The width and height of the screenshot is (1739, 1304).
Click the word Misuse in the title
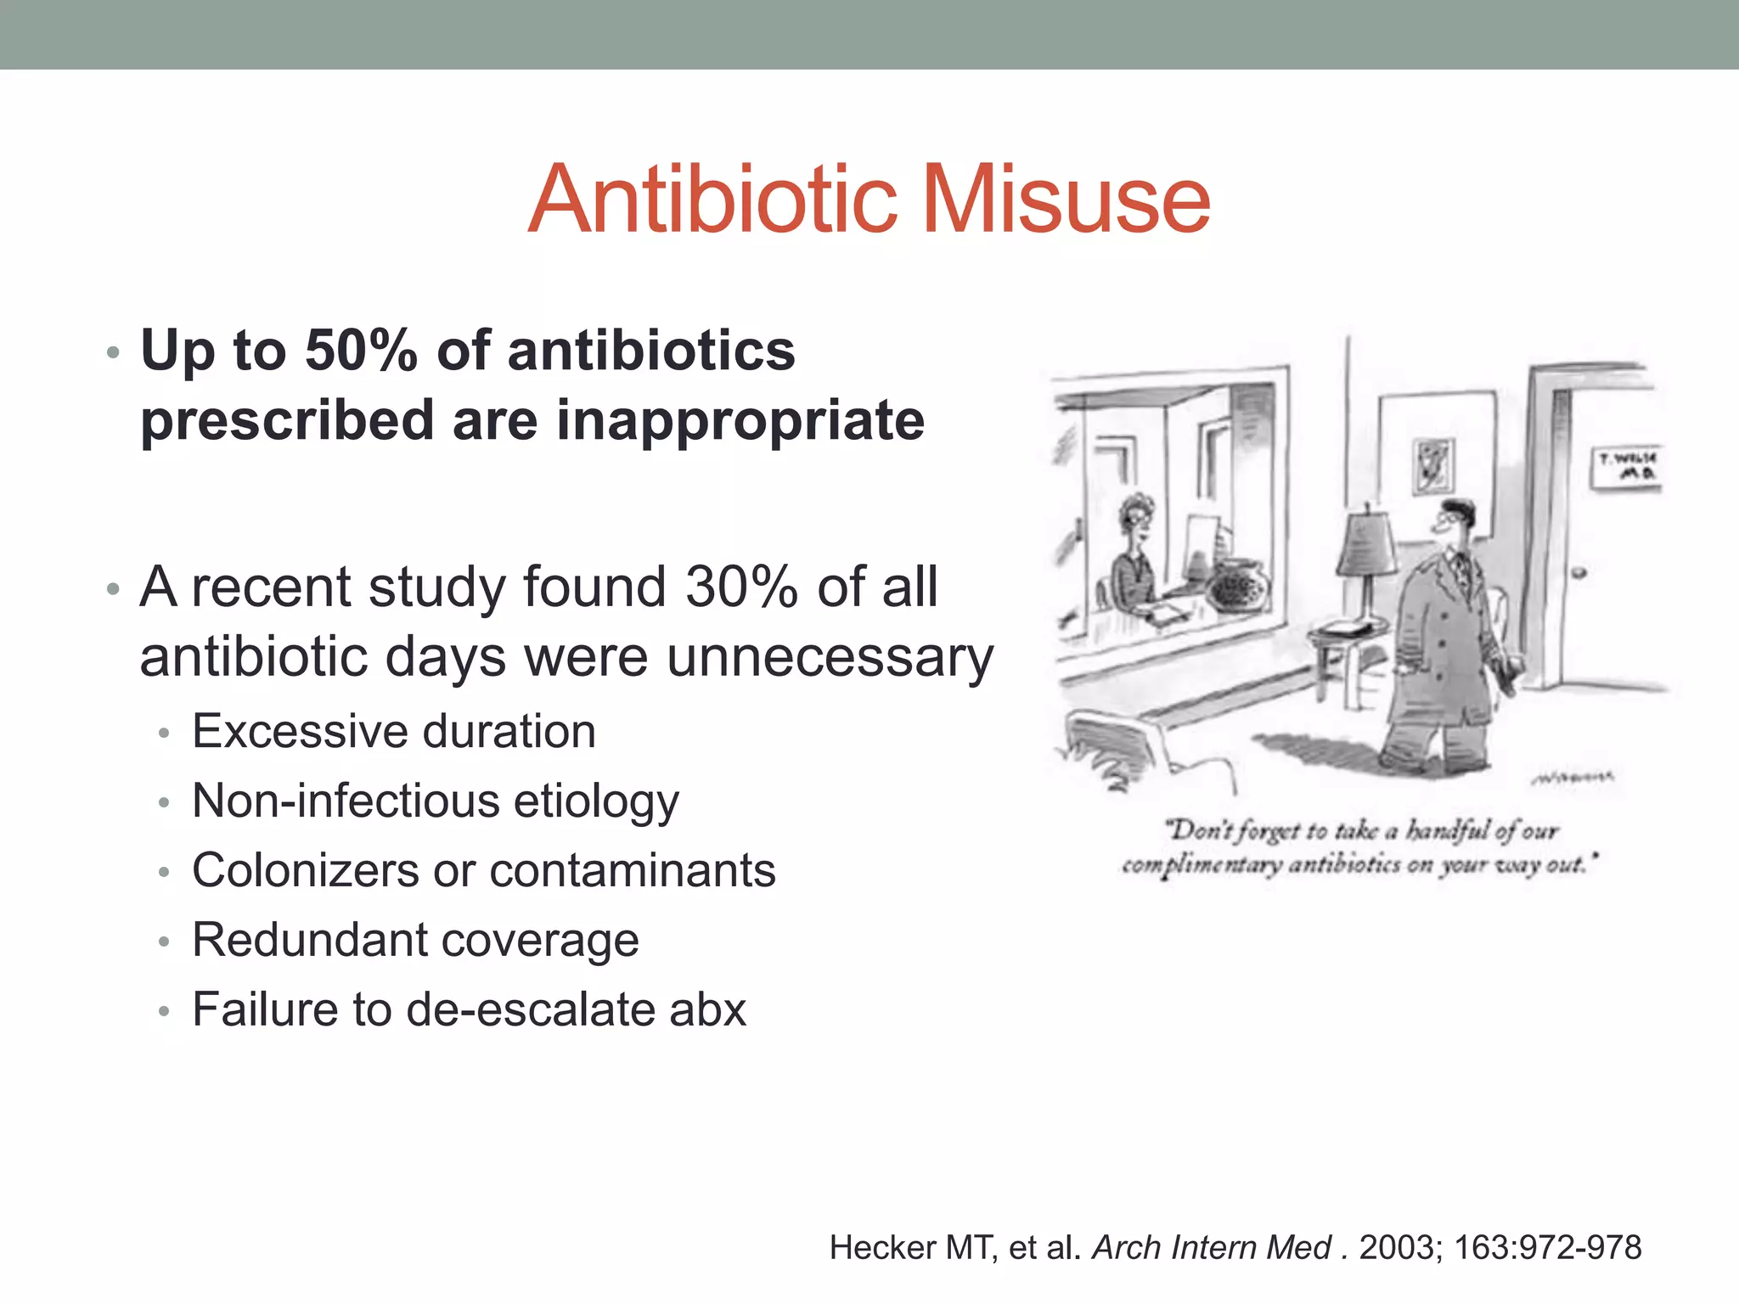point(1066,200)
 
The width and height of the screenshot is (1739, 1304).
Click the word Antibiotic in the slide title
point(713,200)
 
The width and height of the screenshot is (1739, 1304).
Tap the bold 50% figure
point(361,351)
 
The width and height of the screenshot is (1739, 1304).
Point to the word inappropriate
point(740,421)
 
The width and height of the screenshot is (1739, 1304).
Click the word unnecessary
point(830,658)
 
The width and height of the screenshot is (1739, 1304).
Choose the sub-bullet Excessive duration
point(394,732)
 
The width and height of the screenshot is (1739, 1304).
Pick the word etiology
point(596,801)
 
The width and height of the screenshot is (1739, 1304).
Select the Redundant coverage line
point(415,941)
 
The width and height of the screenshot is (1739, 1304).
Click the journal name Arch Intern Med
point(1212,1248)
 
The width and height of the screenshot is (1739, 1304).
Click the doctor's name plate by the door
point(1625,467)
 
